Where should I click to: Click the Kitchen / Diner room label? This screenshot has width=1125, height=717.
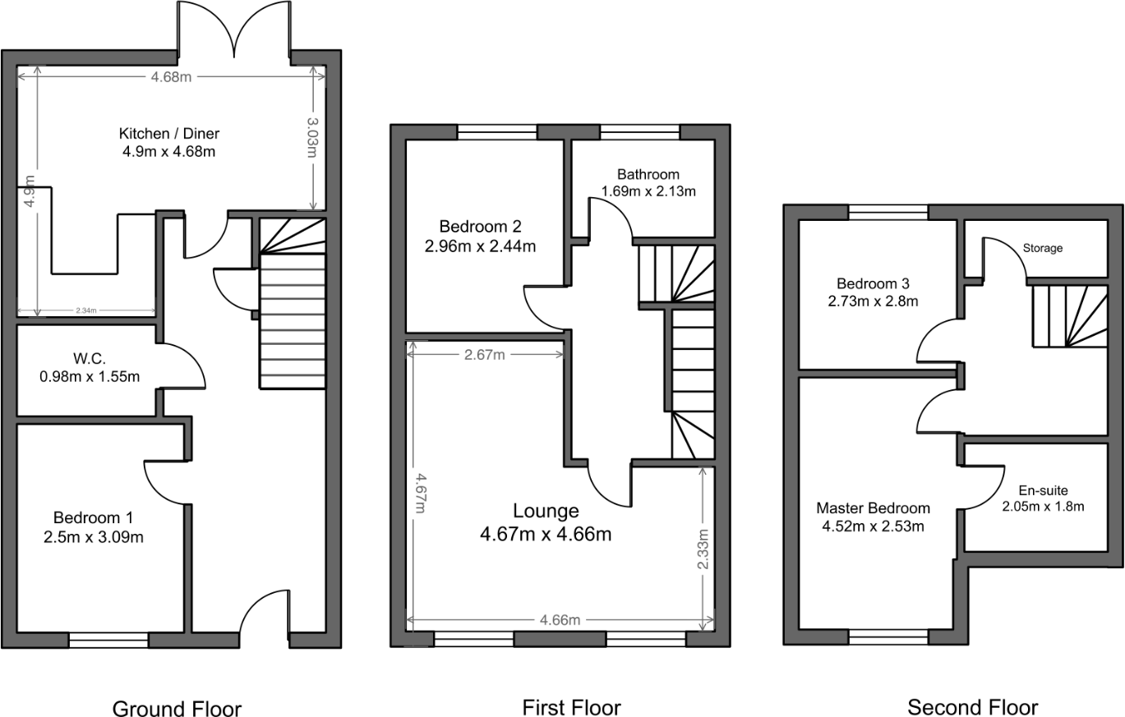click(x=169, y=134)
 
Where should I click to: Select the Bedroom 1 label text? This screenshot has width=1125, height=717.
click(x=93, y=518)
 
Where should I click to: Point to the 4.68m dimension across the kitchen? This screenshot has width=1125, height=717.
click(x=171, y=77)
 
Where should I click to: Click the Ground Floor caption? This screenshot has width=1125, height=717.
click(x=177, y=709)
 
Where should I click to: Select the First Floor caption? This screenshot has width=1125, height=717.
click(x=571, y=707)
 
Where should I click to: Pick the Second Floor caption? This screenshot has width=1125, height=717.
click(x=972, y=707)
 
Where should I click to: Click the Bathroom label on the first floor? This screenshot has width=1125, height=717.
click(x=648, y=174)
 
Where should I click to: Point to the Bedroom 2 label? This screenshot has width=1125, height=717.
click(x=480, y=226)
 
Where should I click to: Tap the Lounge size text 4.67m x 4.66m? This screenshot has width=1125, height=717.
click(x=546, y=535)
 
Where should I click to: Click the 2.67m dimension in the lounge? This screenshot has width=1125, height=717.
click(x=484, y=355)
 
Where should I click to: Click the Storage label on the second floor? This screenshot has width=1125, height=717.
click(x=1042, y=247)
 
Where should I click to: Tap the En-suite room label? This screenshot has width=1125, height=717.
click(x=1043, y=491)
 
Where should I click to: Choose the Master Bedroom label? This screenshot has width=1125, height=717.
click(x=873, y=508)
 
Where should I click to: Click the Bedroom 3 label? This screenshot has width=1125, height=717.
click(x=873, y=285)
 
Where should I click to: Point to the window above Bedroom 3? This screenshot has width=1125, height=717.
click(x=888, y=212)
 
